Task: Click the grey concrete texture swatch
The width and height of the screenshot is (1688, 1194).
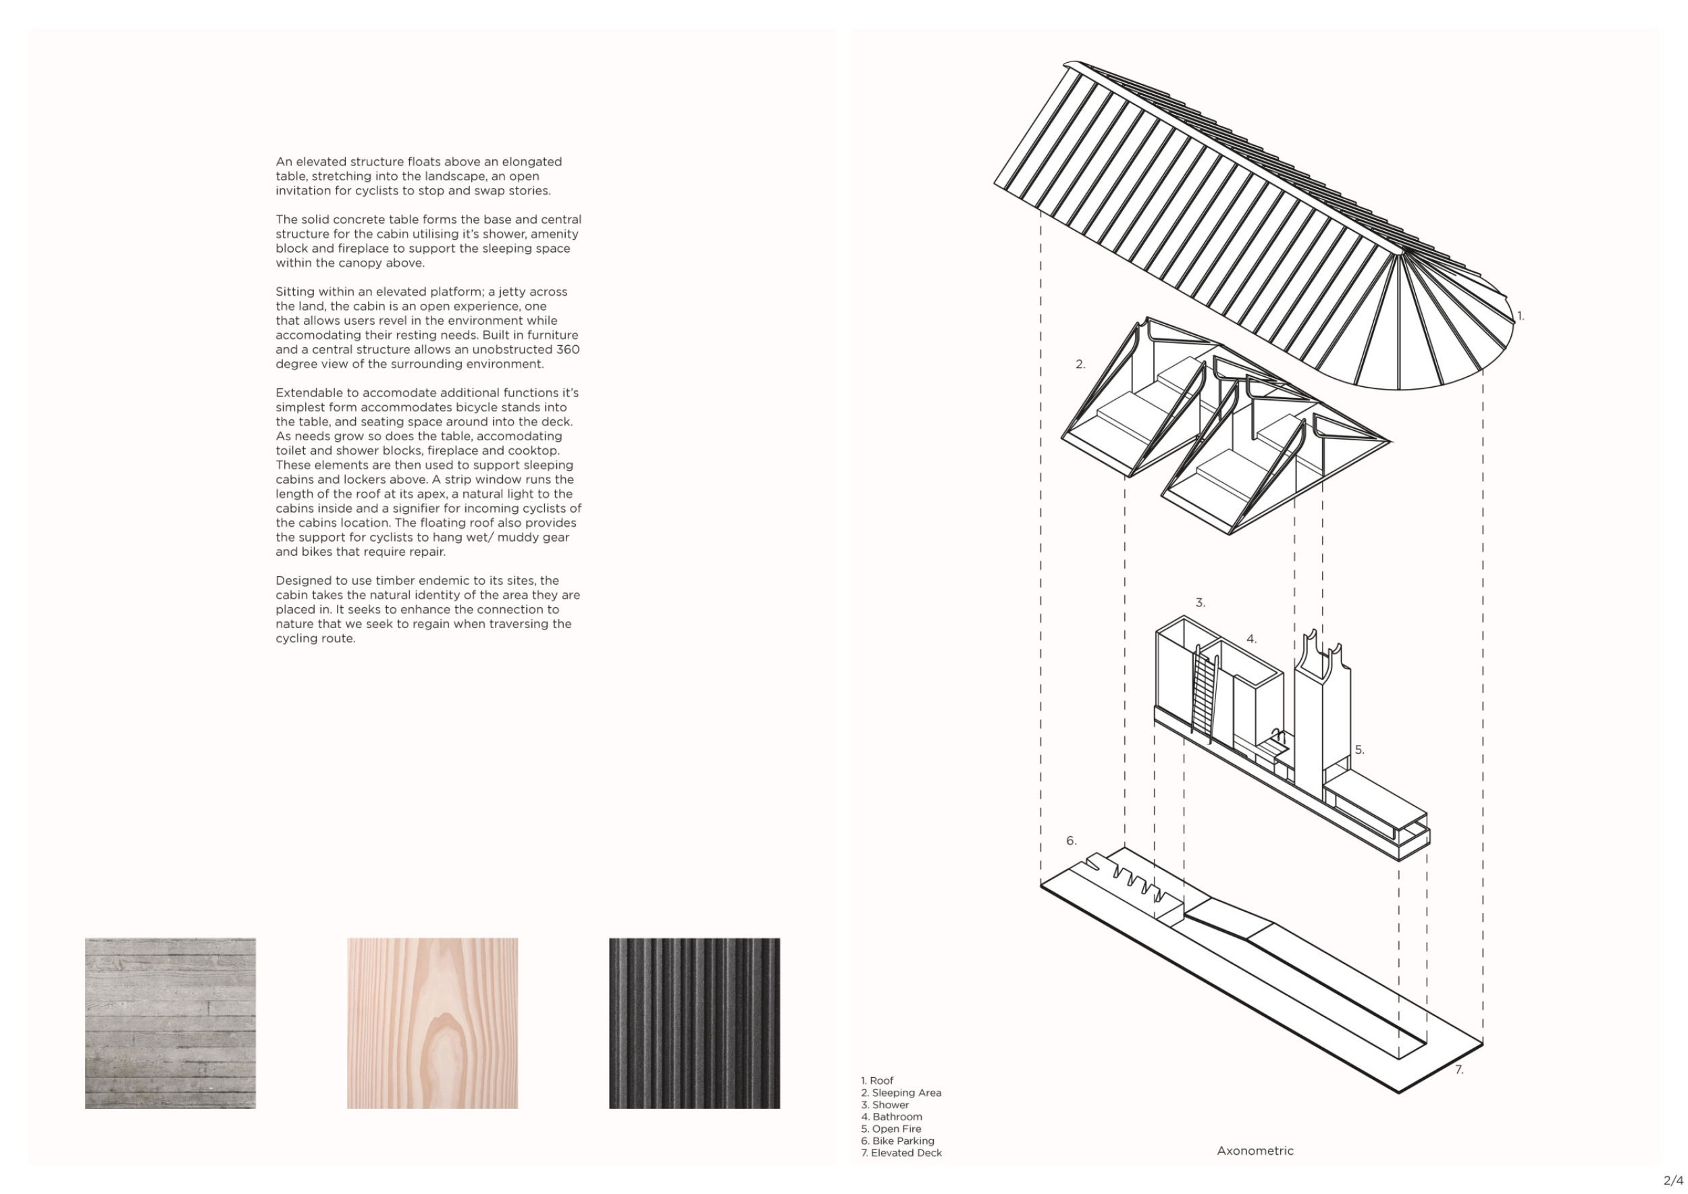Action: (170, 1022)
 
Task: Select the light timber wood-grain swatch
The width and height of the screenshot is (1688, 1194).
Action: (432, 1022)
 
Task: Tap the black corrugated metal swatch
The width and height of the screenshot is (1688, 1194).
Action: (694, 1022)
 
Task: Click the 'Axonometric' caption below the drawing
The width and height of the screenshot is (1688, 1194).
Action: (1255, 1151)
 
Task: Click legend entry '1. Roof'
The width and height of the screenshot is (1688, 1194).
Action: (877, 1081)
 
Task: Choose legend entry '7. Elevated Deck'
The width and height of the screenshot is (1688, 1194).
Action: (901, 1153)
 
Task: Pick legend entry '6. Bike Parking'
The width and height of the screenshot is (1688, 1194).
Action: (897, 1141)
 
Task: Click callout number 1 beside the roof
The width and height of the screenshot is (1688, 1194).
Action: (1521, 317)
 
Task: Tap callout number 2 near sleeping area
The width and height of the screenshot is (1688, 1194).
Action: (1080, 365)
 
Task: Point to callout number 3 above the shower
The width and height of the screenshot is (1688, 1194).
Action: (1201, 603)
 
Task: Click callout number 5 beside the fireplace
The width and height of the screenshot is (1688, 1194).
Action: (1359, 750)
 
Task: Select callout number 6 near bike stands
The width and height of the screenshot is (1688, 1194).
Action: (1071, 841)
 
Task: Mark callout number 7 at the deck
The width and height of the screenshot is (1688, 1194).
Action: (1459, 1070)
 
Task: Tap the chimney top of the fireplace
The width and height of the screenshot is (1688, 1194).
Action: (1310, 644)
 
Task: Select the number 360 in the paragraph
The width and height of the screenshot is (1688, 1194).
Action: (568, 349)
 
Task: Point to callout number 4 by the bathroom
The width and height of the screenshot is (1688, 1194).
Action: (1251, 640)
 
